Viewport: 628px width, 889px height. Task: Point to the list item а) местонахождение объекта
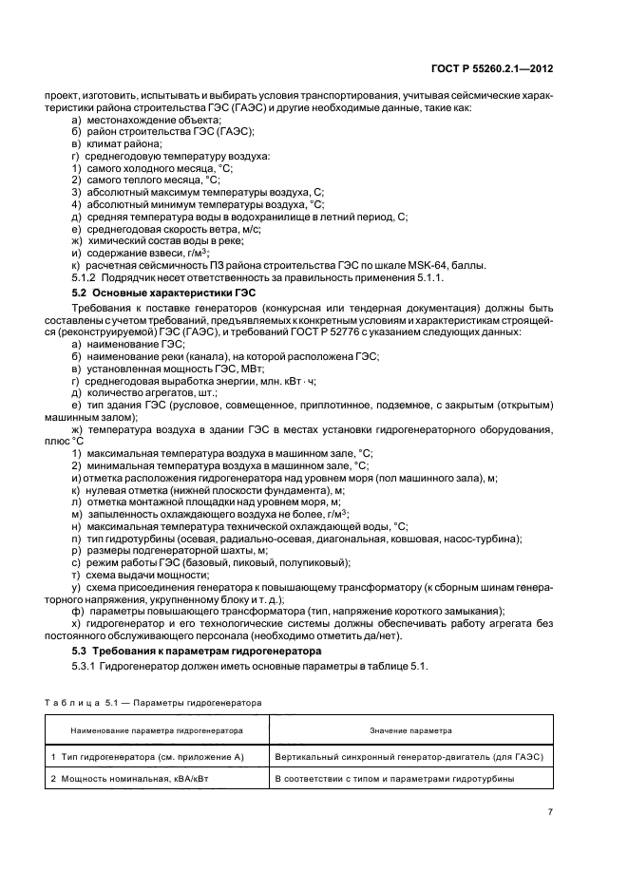(x=136, y=122)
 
